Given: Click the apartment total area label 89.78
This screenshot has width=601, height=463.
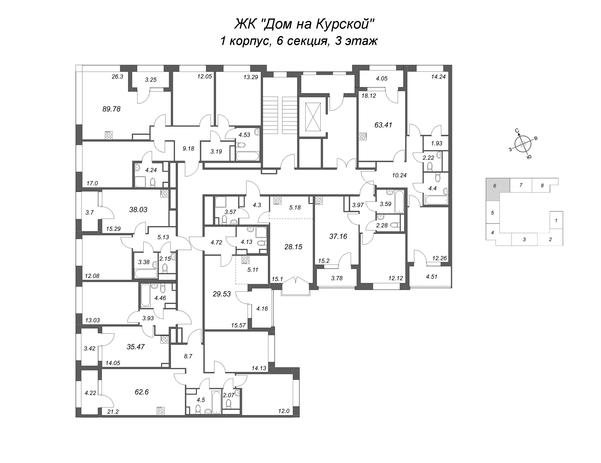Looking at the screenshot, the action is tap(112, 109).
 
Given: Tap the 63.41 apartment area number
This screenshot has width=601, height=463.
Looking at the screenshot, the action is tap(383, 125).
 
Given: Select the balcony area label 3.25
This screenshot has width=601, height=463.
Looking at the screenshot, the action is tap(151, 80).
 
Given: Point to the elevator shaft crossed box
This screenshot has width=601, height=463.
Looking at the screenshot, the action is tap(313, 117).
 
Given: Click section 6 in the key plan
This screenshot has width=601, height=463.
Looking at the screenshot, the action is tap(495, 186).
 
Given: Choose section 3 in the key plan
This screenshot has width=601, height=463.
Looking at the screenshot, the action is tap(524, 239).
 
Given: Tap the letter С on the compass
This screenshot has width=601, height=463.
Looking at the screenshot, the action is tap(517, 130).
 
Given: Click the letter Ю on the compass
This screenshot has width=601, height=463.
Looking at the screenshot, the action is tap(529, 157).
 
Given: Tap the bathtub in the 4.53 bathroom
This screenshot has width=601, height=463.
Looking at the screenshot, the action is tap(247, 156).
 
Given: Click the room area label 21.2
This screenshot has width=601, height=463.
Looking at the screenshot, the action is tap(113, 412).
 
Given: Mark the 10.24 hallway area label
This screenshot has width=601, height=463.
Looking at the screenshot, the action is tap(399, 175).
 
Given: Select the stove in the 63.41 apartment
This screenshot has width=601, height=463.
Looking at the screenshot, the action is tap(363, 136).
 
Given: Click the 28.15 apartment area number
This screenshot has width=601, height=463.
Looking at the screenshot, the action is tap(293, 247).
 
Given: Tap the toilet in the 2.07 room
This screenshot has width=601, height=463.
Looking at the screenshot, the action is tap(228, 404).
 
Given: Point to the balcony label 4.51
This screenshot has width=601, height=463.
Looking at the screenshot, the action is tap(432, 277).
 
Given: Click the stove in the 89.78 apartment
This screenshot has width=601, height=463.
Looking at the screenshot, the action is tap(108, 135).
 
